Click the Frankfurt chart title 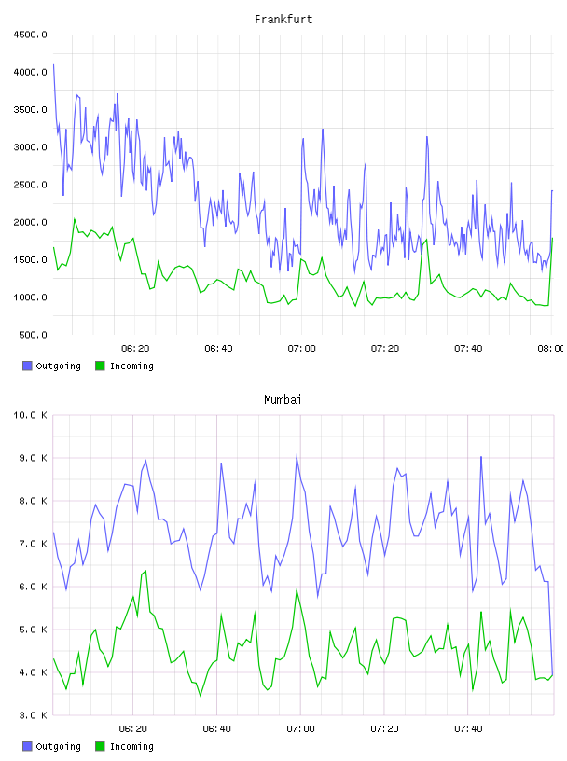(283, 19)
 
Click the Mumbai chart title (283, 399)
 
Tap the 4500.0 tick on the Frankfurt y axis (30, 35)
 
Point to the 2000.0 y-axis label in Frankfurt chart (30, 222)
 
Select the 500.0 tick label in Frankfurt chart (33, 335)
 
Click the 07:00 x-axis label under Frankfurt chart (301, 348)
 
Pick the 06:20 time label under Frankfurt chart (135, 348)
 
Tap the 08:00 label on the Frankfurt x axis (551, 348)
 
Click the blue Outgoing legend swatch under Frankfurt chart (27, 366)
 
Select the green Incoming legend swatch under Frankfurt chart (100, 366)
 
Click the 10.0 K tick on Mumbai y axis (30, 415)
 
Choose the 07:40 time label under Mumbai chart (468, 728)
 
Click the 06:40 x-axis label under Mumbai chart (217, 728)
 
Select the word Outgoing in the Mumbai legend (58, 746)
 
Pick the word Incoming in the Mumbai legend (131, 746)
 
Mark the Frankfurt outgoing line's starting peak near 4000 (53, 64)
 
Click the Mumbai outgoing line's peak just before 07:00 (297, 456)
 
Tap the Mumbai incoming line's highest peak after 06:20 (145, 571)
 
